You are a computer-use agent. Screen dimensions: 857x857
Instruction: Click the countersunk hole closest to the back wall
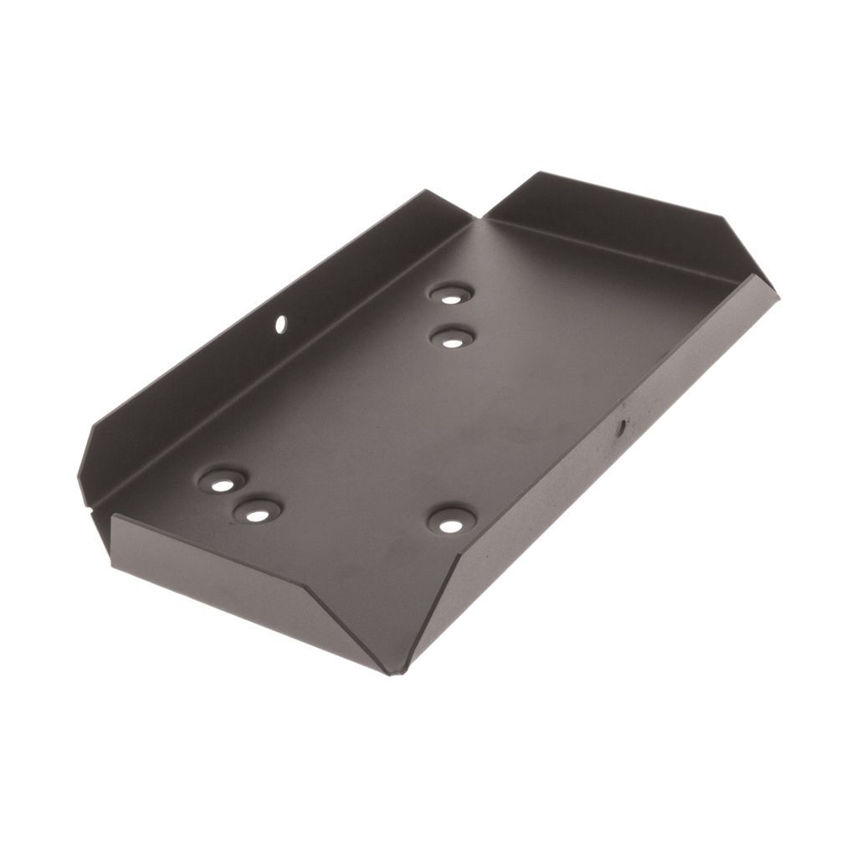pyautogui.click(x=451, y=295)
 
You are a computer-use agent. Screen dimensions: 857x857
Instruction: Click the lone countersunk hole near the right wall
pyautogui.click(x=451, y=523)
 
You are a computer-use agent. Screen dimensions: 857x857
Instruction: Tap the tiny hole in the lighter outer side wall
pyautogui.click(x=621, y=428)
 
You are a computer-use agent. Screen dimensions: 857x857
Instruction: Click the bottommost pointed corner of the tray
pyautogui.click(x=390, y=672)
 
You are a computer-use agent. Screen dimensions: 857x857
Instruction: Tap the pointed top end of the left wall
pyautogui.click(x=427, y=192)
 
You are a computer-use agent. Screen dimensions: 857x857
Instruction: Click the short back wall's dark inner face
pyautogui.click(x=619, y=218)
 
